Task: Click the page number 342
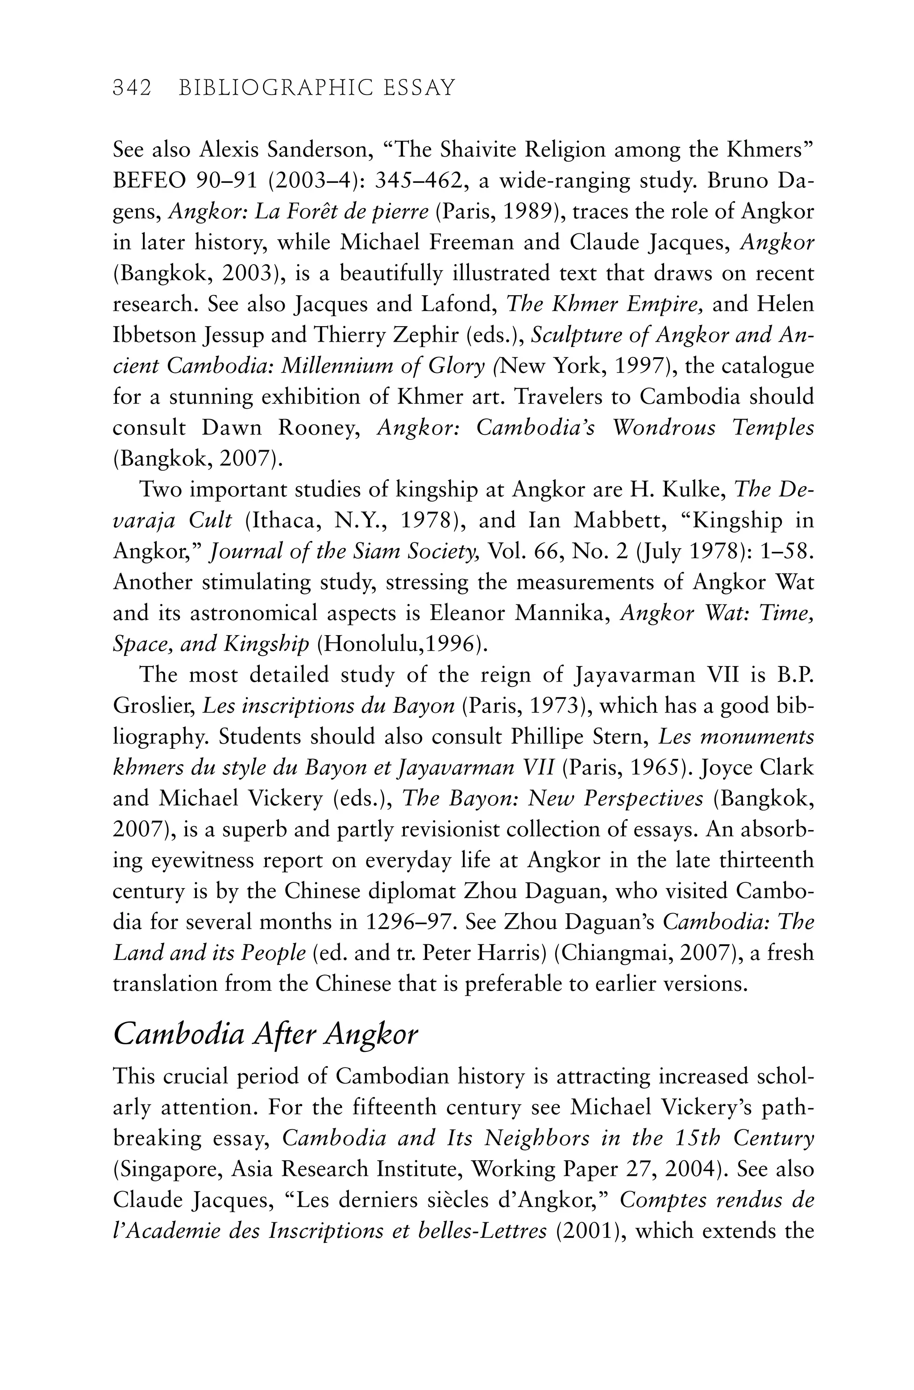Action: (132, 88)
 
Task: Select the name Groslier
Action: (151, 706)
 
